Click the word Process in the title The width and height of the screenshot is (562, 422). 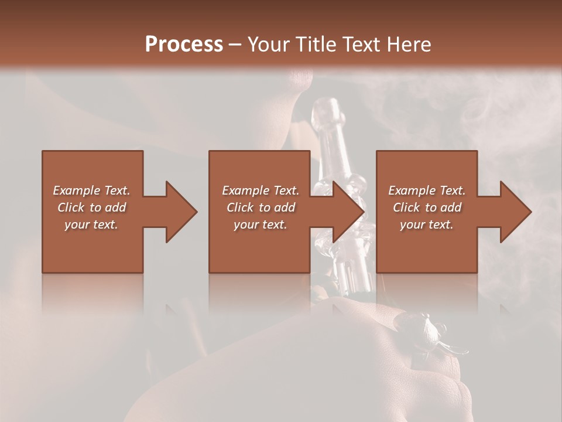coord(184,45)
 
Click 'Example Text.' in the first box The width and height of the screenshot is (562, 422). coord(91,190)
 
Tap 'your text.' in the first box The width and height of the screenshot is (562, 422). coord(91,224)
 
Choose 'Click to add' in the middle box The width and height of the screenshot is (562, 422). coord(261,207)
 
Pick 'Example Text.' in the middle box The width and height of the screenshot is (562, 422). coord(261,190)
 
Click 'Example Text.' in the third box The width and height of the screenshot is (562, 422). coord(427,190)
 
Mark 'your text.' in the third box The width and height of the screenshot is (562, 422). coord(427,224)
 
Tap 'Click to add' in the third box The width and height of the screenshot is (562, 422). coord(427,207)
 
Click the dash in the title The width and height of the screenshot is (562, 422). coord(235,45)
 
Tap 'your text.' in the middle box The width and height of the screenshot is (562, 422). coord(261,224)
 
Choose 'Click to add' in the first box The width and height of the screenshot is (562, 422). coord(91,207)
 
